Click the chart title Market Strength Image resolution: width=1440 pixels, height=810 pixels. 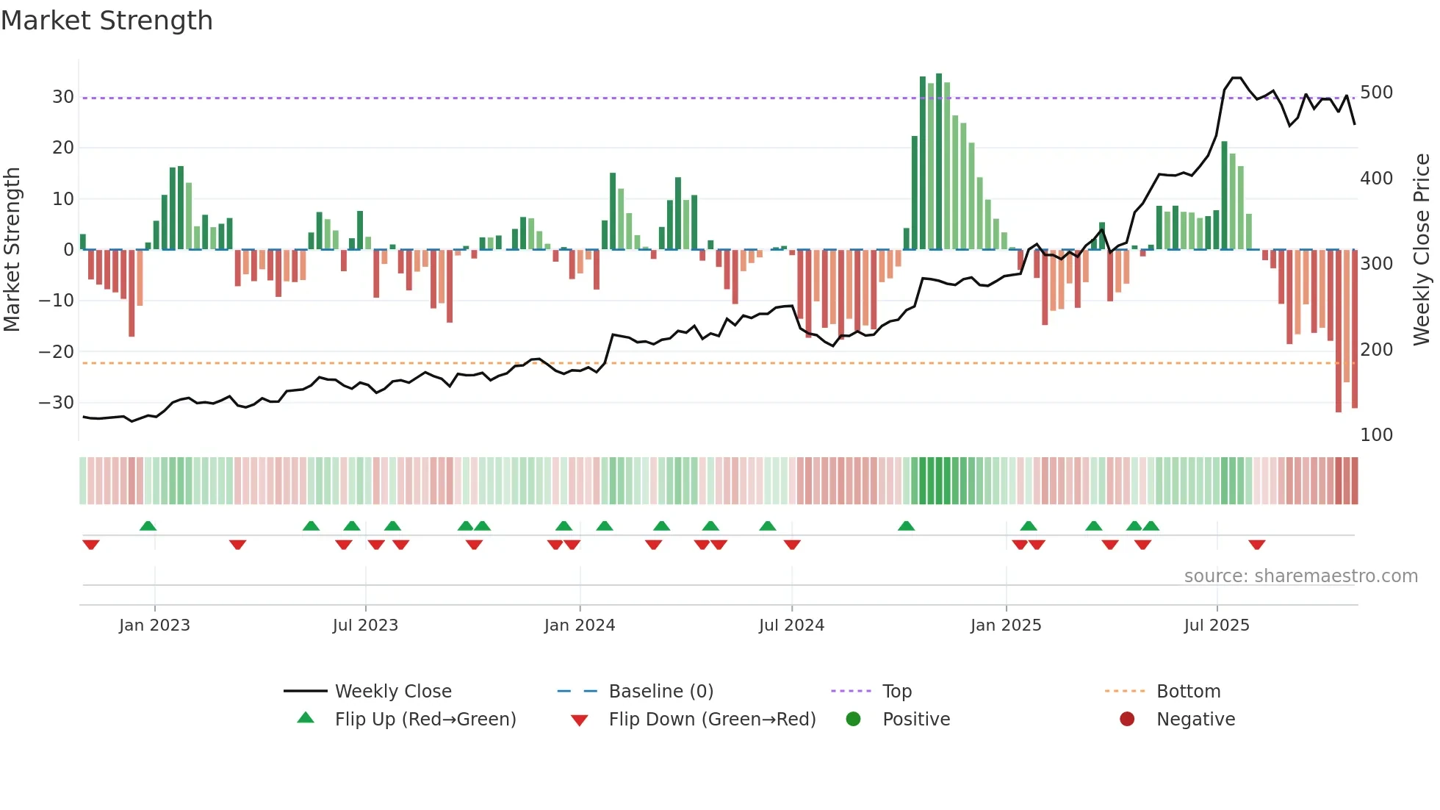[x=107, y=21]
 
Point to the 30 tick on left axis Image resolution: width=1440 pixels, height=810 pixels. [x=62, y=97]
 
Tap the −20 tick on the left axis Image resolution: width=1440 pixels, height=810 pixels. [x=57, y=351]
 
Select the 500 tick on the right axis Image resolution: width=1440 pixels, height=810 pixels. [x=1376, y=93]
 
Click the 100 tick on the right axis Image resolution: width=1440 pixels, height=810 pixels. [x=1376, y=435]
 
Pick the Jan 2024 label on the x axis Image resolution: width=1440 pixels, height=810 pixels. [x=579, y=626]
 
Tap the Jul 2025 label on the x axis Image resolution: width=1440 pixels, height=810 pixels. [x=1216, y=626]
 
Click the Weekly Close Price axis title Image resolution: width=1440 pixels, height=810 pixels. [x=1422, y=250]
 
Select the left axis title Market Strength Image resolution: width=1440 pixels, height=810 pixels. [x=12, y=250]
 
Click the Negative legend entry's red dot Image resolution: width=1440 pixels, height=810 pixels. [x=1126, y=720]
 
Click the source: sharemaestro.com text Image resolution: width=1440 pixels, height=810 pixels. [x=1300, y=576]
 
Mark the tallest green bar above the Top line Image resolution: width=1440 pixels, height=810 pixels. [x=939, y=162]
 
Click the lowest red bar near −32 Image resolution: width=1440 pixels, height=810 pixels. [x=1338, y=331]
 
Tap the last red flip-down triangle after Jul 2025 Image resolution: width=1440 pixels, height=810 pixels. [x=1256, y=545]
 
